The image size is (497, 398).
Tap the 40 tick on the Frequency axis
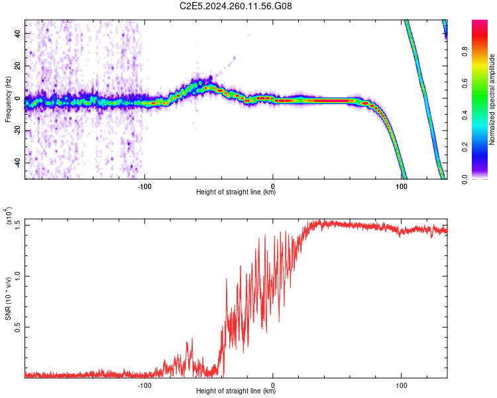click(x=19, y=34)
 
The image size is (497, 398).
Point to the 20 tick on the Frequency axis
click(x=19, y=66)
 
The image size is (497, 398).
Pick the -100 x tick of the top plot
click(x=144, y=186)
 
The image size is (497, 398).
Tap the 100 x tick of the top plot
click(x=401, y=186)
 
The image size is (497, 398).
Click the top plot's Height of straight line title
click(x=236, y=193)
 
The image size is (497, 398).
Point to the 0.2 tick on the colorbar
click(x=484, y=147)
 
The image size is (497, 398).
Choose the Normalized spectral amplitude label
click(x=492, y=99)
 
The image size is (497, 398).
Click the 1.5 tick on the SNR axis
click(x=19, y=224)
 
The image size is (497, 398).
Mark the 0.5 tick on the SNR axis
click(x=19, y=327)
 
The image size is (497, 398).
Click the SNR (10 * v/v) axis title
click(x=8, y=298)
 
